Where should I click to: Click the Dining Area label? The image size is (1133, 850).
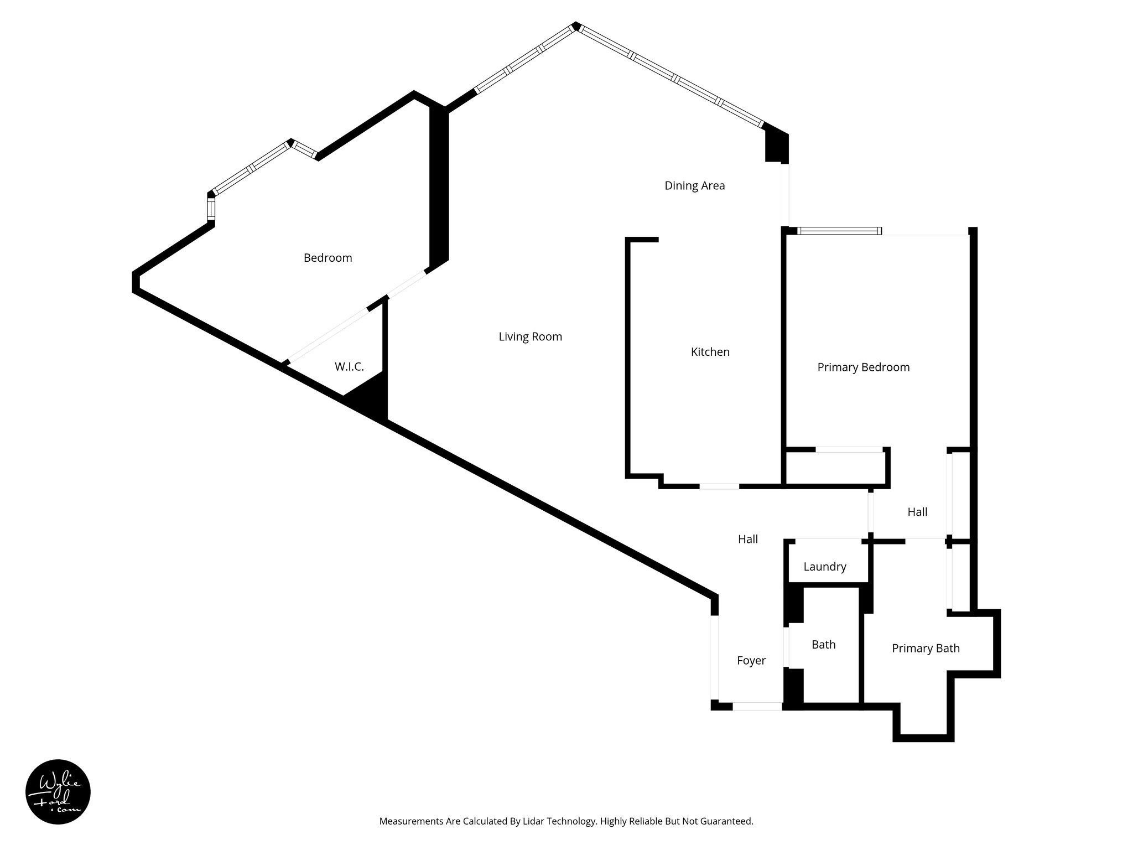pos(694,185)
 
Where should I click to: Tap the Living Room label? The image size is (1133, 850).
pos(530,336)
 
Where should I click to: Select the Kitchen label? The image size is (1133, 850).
pos(710,352)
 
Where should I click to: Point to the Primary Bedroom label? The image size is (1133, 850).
pos(863,367)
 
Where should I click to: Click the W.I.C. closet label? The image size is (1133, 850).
pos(349,366)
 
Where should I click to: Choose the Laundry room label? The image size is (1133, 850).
pos(824,567)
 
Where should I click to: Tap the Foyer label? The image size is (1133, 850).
pos(751,660)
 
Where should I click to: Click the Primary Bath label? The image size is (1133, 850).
pos(926,648)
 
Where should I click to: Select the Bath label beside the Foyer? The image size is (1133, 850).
pos(823,644)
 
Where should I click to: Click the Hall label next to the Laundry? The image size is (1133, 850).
pos(747,539)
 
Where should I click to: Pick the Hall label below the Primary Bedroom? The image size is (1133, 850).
pos(917,512)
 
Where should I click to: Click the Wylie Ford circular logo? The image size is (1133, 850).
pos(58,792)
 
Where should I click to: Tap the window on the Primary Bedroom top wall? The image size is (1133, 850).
pos(839,231)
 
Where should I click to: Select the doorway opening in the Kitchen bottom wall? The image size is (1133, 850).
pos(719,486)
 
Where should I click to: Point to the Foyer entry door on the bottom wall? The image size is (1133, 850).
pos(756,707)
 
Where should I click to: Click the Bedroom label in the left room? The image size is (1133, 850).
pos(328,258)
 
